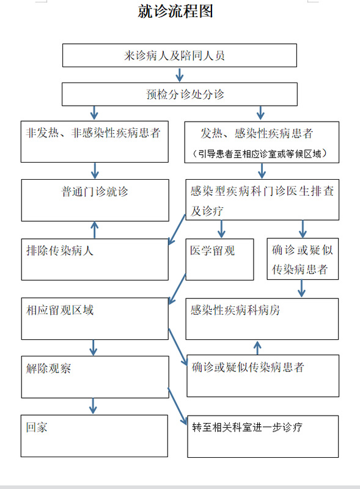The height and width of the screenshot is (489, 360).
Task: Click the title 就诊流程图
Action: click(175, 12)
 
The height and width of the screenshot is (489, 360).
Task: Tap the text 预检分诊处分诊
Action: click(185, 94)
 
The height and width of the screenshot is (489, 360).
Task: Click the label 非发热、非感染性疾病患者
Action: click(93, 133)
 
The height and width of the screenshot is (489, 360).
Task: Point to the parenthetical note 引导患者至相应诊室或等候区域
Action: click(260, 153)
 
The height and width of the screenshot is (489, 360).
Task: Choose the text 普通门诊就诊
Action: click(95, 191)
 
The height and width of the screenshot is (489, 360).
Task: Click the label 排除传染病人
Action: click(59, 251)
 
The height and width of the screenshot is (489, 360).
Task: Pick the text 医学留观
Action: click(213, 251)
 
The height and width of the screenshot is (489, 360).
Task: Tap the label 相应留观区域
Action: click(59, 310)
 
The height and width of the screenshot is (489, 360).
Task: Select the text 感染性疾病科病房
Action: click(235, 310)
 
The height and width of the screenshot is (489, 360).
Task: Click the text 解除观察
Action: click(48, 369)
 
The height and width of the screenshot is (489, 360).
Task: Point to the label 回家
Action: click(37, 427)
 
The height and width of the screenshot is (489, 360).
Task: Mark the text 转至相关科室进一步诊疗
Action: click(247, 427)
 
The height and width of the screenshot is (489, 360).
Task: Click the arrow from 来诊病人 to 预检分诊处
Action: click(179, 75)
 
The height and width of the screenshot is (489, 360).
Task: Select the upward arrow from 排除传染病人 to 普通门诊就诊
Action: click(95, 230)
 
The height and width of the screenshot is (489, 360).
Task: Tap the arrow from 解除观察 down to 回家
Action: click(93, 406)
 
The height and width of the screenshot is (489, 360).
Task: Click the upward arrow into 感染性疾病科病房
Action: click(257, 347)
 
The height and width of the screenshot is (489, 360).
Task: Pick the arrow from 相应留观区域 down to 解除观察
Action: click(93, 347)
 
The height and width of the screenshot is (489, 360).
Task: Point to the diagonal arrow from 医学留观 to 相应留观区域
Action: click(177, 289)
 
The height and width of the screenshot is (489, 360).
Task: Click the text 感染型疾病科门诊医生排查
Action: click(262, 191)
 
